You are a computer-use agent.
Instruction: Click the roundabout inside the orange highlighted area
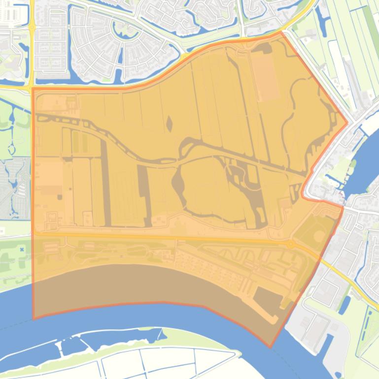pos(291,244)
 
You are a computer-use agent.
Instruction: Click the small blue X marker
pos(22,250)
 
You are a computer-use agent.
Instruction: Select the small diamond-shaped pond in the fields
pos(170,124)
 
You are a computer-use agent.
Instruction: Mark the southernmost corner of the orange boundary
pos(270,347)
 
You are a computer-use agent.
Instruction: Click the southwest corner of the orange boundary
pos(33,318)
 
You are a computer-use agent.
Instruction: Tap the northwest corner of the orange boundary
pos(33,89)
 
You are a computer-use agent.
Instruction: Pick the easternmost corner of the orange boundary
pos(347,123)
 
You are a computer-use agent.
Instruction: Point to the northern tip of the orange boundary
pos(281,32)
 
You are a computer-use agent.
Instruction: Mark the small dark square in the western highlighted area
pos(60,197)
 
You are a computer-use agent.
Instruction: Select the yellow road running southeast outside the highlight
pos(350,281)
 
